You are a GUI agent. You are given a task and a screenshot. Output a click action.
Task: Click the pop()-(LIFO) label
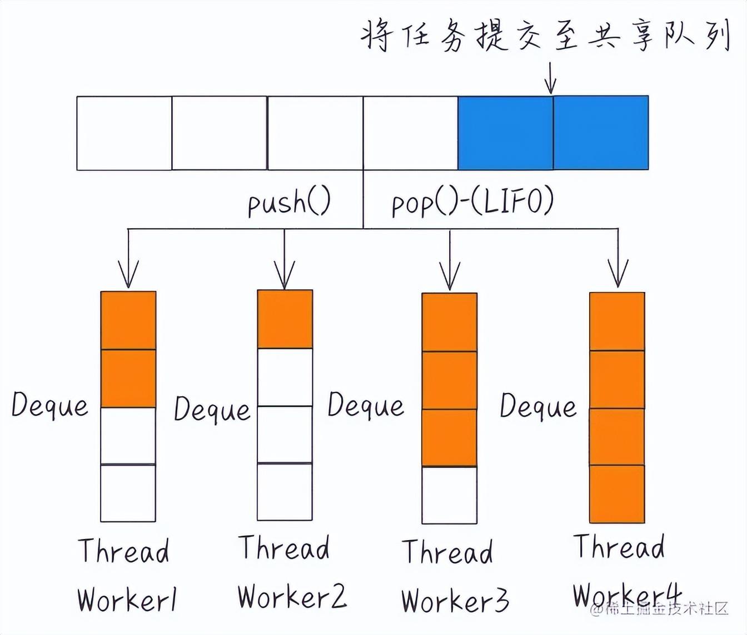(x=472, y=202)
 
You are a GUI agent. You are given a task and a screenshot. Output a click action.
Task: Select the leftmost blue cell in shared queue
(x=505, y=133)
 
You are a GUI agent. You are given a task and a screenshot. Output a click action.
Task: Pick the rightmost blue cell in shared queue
(x=601, y=133)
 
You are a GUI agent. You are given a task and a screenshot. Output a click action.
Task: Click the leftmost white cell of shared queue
(x=124, y=133)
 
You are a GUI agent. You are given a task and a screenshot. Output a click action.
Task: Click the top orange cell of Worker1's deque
(x=128, y=320)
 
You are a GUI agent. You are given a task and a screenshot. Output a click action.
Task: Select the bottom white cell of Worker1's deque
(x=128, y=493)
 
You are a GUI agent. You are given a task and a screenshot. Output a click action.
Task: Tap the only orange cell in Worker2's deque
(x=285, y=319)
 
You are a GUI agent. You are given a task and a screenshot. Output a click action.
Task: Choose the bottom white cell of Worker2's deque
(x=285, y=492)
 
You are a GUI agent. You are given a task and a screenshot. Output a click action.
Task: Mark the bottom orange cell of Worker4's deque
(x=617, y=494)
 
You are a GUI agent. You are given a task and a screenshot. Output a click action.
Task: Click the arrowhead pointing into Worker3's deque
(x=449, y=278)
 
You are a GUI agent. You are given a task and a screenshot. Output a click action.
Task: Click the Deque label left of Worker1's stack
(x=50, y=405)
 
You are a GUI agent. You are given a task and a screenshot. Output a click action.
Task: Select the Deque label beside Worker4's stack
(x=538, y=406)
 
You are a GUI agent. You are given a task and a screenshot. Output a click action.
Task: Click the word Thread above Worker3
(x=447, y=552)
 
